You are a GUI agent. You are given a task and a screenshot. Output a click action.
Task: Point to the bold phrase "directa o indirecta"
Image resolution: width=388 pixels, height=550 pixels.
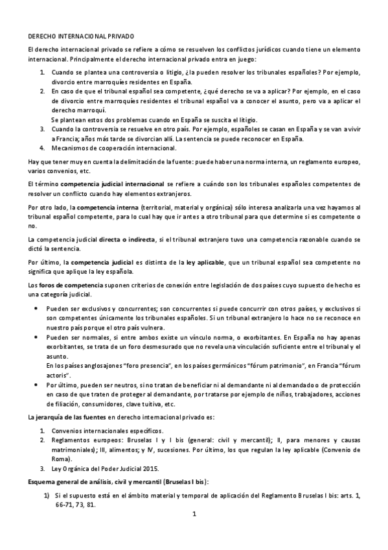coord(127,240)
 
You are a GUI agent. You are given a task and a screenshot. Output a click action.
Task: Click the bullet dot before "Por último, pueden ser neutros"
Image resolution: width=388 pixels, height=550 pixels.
coord(35,384)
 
